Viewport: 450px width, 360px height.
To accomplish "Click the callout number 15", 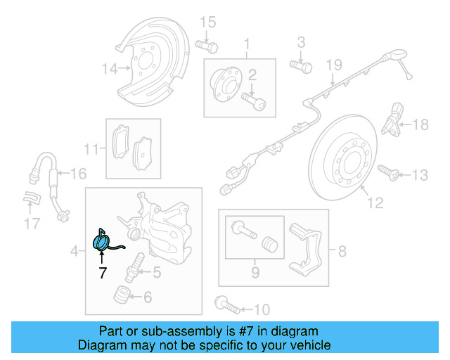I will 206,23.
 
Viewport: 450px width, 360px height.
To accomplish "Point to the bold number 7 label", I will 103,273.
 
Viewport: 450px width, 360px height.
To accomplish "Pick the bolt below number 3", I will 301,66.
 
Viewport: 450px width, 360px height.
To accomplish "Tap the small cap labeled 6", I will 124,295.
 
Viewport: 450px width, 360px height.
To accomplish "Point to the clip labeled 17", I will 30,200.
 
